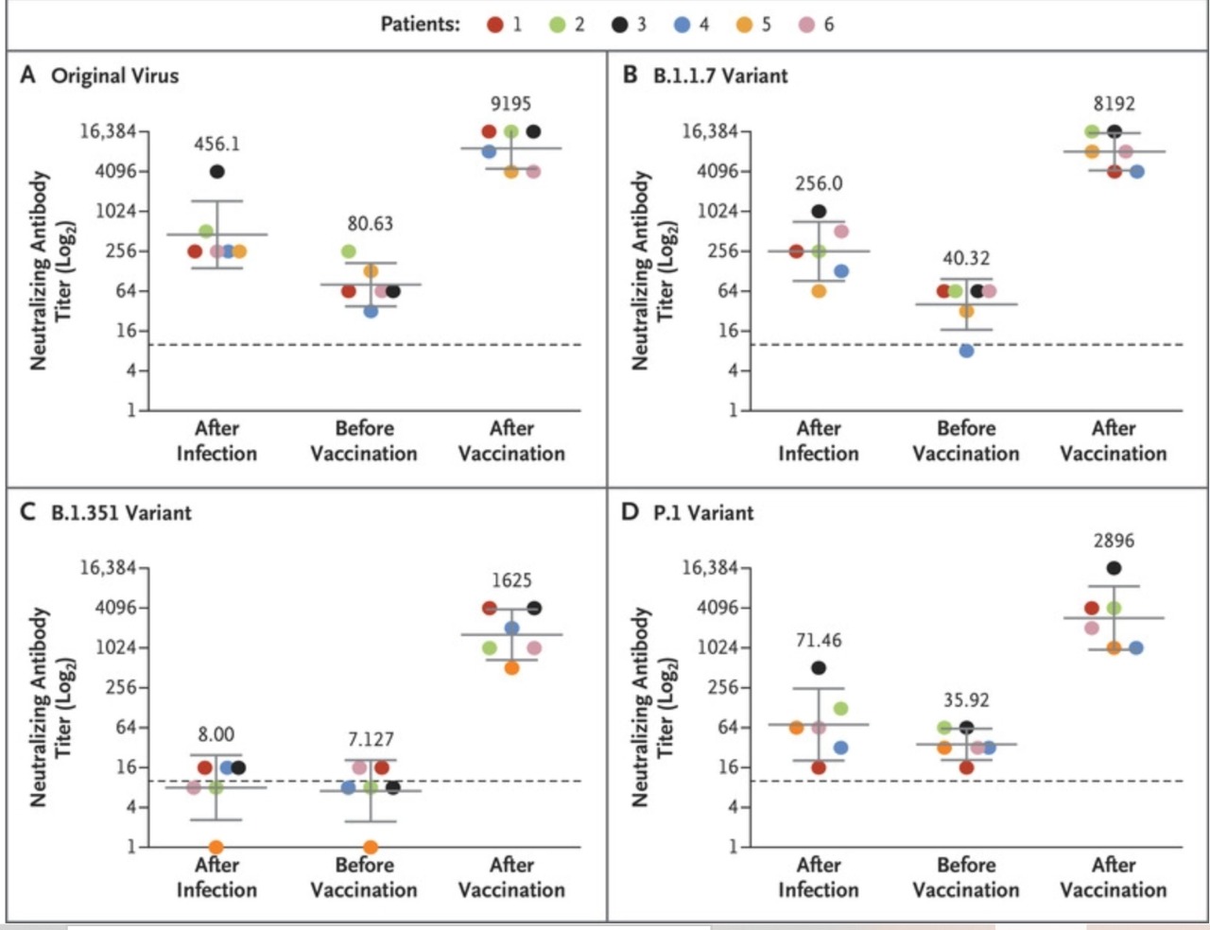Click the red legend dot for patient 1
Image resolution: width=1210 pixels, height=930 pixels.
[x=494, y=25]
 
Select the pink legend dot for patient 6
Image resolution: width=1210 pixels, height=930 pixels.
[x=806, y=25]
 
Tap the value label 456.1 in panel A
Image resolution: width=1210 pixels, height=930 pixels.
[x=216, y=144]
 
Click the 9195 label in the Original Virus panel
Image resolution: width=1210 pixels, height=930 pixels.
[x=510, y=103]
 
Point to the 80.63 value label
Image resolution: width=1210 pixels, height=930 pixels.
[x=370, y=224]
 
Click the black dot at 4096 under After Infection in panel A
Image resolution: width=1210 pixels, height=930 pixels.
[x=217, y=171]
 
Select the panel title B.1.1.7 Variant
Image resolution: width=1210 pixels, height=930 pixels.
[x=720, y=76]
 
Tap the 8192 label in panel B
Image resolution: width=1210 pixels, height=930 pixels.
[x=1114, y=103]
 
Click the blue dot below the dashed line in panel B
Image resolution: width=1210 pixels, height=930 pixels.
[x=966, y=351]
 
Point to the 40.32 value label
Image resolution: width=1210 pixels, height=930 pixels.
[x=966, y=258]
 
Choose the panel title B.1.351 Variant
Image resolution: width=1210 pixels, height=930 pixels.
[x=121, y=513]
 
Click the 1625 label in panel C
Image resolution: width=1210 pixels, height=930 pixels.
[x=510, y=580]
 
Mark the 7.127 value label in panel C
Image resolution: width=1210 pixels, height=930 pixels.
[x=370, y=739]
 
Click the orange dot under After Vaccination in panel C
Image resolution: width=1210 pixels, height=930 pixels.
[x=511, y=668]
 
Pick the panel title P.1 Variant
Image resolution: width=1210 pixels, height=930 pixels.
[x=703, y=513]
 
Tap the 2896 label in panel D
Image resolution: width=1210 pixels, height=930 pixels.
[x=1114, y=541]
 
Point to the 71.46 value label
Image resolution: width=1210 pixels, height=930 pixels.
[x=819, y=641]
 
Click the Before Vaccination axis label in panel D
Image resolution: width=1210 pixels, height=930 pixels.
[x=966, y=877]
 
